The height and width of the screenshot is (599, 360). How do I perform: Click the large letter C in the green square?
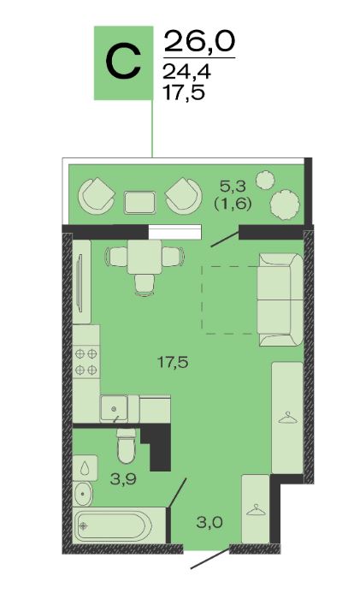123,63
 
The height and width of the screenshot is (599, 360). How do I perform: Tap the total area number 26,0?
199,42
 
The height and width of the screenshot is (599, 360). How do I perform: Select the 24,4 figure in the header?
186,71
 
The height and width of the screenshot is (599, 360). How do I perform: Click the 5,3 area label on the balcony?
232,187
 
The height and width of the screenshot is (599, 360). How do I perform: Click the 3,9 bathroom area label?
123,478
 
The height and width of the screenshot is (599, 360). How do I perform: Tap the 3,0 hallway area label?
210,522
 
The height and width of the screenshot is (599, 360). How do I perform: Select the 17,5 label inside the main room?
173,362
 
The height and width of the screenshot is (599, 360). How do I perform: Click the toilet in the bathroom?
127,446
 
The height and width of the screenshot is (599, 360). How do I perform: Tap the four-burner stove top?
86,362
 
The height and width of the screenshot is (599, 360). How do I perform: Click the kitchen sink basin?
114,409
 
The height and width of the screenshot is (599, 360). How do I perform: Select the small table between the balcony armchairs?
140,203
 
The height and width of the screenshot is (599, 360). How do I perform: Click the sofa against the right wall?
280,299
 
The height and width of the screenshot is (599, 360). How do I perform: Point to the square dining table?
145,257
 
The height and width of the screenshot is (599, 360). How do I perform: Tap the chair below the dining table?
145,285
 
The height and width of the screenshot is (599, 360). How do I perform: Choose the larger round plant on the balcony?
285,205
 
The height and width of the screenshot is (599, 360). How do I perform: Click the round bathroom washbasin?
82,494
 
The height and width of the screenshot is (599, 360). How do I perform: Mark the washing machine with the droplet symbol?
86,467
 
